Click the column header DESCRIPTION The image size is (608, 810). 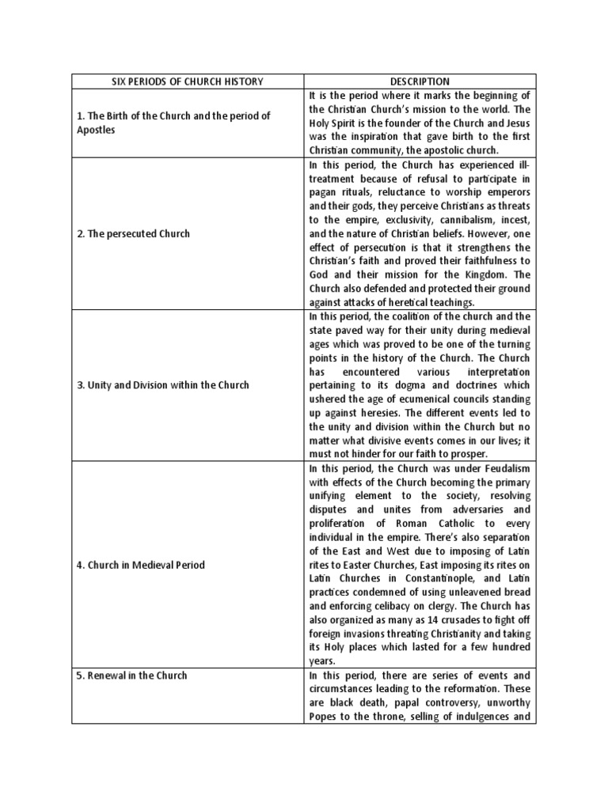[x=420, y=81]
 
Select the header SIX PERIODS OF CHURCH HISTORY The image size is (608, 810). [x=188, y=81]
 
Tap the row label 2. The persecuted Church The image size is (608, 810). [x=133, y=234]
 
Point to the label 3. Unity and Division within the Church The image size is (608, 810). [x=163, y=385]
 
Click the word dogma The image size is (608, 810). [x=411, y=385]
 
